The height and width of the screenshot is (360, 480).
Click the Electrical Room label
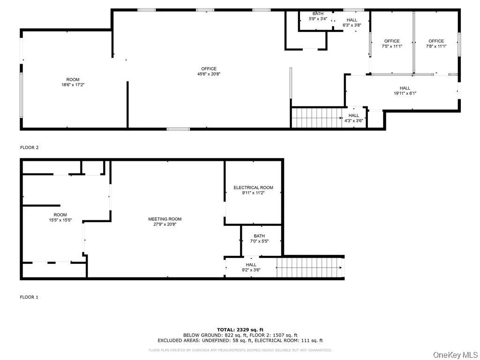(x=253, y=188)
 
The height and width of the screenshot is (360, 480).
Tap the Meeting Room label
(x=165, y=219)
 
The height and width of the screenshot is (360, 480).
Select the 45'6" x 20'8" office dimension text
(x=209, y=74)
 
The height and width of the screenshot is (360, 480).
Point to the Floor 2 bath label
(x=318, y=14)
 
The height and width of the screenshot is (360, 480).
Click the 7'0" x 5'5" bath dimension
(x=259, y=241)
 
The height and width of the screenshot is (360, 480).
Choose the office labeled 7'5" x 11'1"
(x=392, y=44)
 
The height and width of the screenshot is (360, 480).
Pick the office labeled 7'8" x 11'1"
(x=435, y=44)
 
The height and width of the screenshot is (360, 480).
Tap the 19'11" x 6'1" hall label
(x=405, y=90)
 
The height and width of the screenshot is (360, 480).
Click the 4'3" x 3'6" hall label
(x=353, y=118)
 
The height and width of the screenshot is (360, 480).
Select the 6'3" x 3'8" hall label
(x=352, y=22)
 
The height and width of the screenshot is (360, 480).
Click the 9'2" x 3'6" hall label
(x=251, y=267)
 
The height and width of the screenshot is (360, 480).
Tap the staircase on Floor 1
(x=309, y=268)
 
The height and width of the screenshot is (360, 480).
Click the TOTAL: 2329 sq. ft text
(x=240, y=330)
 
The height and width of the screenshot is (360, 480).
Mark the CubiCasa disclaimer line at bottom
(x=240, y=350)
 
